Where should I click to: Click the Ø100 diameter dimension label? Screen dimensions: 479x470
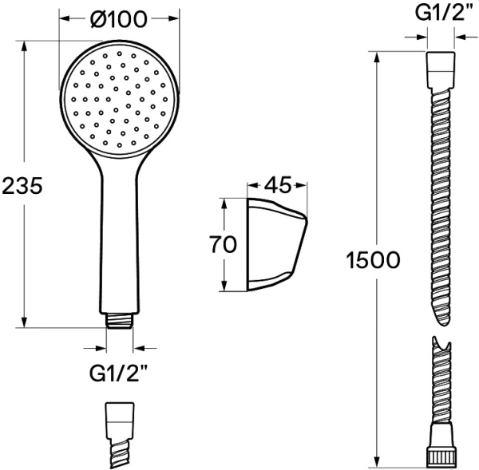point(119,19)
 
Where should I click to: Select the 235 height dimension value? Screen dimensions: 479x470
point(22,185)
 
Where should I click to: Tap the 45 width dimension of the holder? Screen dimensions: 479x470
point(277,185)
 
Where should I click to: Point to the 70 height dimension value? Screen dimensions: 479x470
point(223,244)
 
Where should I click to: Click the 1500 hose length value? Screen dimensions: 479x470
point(373,260)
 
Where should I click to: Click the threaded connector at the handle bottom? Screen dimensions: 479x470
point(120,322)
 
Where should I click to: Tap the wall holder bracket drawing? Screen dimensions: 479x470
point(277,244)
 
